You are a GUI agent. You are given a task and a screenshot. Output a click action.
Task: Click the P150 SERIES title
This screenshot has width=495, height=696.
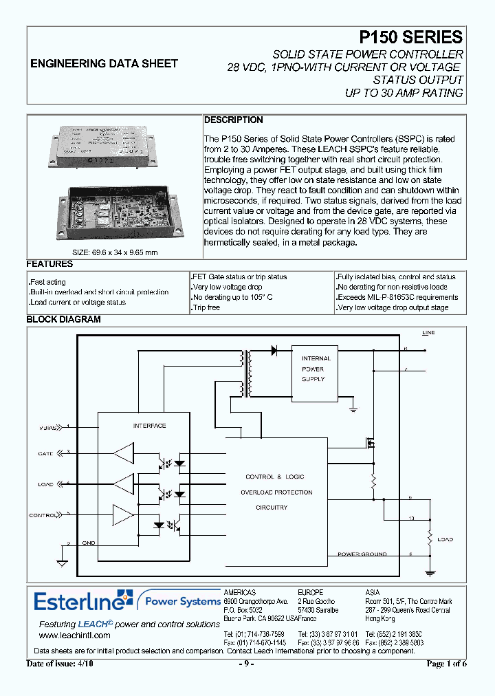coord(411,37)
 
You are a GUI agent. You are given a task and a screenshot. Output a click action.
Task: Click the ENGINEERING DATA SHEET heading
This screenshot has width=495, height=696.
coord(104,63)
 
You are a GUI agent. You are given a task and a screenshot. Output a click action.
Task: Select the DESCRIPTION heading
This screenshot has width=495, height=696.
coord(234,120)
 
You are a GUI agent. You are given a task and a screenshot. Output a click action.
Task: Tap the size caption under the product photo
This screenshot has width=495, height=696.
coord(115,252)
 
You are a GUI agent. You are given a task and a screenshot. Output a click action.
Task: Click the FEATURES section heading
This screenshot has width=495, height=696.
coord(49,264)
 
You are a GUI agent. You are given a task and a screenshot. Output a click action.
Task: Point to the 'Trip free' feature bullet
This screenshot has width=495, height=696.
coord(206,308)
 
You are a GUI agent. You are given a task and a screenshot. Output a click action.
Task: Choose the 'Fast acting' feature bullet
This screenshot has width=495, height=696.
coord(47,282)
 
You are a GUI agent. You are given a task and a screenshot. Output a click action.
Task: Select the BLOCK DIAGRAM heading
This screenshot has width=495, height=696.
coord(63,319)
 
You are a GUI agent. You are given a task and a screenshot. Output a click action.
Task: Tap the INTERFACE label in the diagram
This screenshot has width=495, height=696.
coord(149,426)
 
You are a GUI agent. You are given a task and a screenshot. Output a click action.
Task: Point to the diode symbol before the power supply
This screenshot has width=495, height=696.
coord(274,350)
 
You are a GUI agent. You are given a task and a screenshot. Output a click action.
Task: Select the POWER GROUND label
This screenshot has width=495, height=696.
coord(362,554)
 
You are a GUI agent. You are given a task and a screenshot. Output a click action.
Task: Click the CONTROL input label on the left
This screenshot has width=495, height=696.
coord(42,515)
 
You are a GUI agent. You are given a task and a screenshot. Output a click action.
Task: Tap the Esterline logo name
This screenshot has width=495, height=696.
coord(80,602)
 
